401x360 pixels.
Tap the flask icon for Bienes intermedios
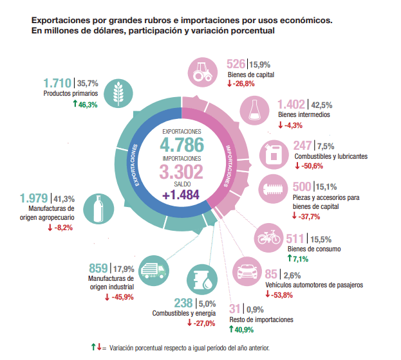255,111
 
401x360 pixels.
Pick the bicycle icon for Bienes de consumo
268,237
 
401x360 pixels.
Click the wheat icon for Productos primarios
119,93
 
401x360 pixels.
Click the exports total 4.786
182,143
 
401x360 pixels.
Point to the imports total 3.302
182,172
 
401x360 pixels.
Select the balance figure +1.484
182,195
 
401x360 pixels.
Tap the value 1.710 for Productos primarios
58,83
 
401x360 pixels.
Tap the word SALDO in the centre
182,184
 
